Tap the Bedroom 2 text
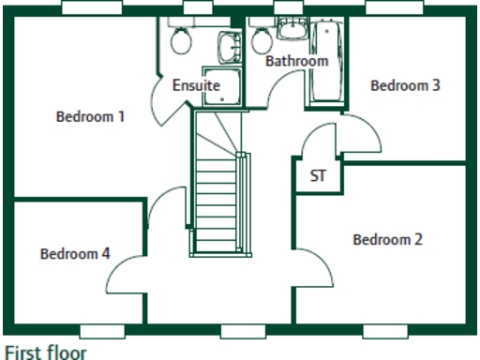click(x=387, y=239)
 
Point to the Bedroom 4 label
click(x=75, y=253)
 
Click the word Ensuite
click(x=196, y=85)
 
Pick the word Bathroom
click(x=296, y=61)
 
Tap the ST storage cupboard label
click(x=317, y=175)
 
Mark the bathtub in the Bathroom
click(x=326, y=64)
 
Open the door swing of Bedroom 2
click(x=316, y=267)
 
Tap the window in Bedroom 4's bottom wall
click(x=103, y=330)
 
